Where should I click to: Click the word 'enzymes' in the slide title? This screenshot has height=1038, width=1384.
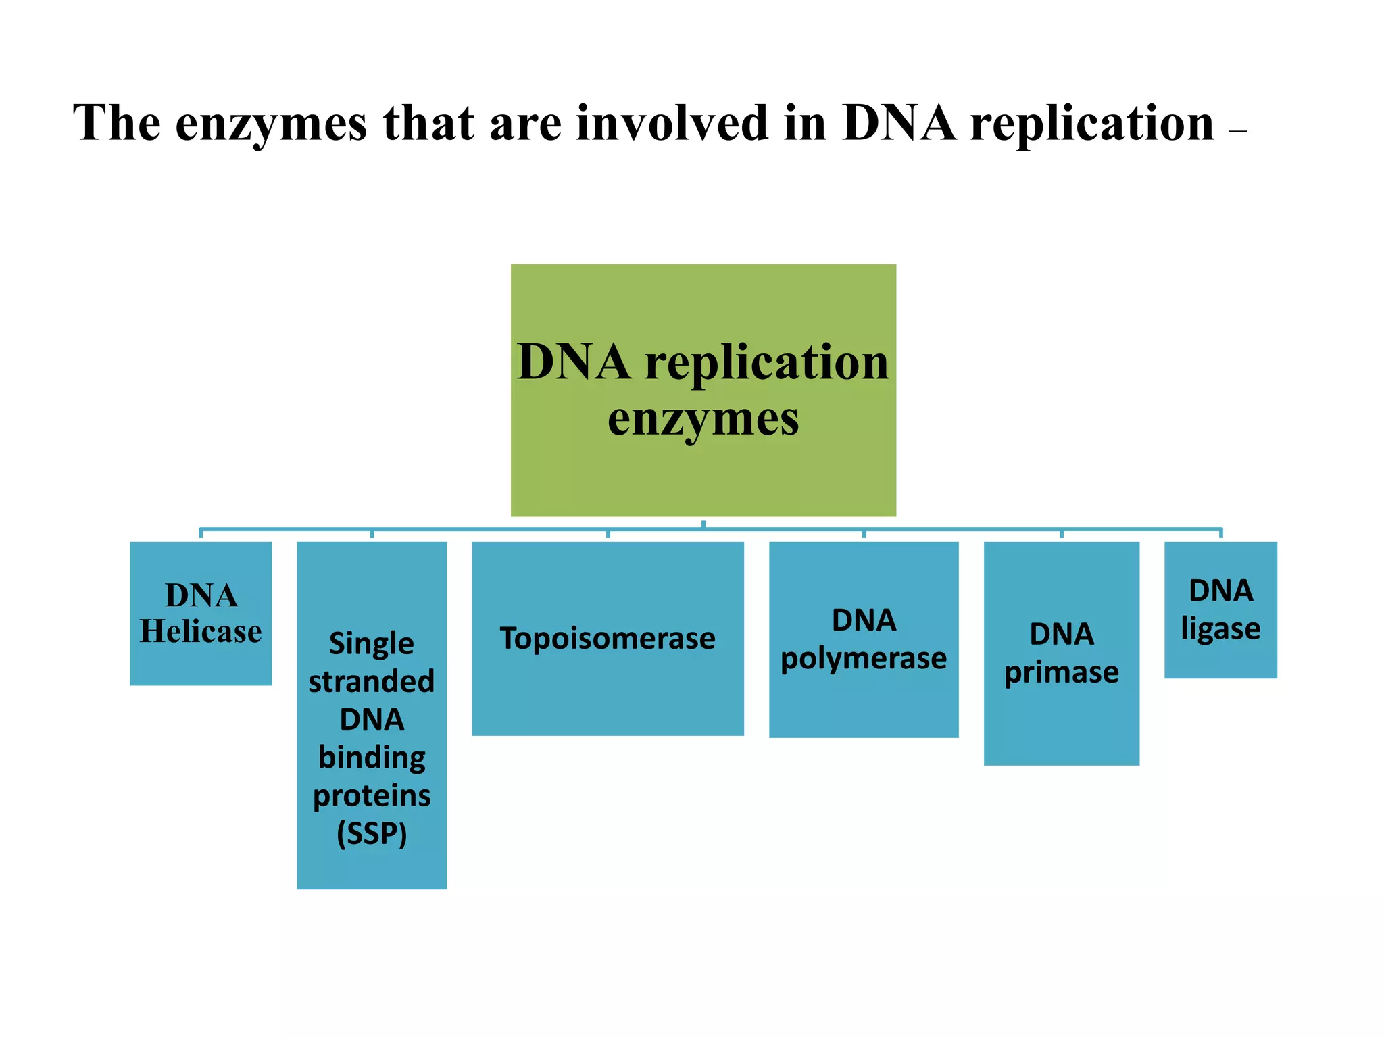(270, 124)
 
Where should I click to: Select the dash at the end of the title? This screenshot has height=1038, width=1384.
(1238, 132)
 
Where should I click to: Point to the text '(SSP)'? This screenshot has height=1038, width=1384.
(372, 833)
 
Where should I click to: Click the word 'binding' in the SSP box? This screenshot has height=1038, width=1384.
(372, 758)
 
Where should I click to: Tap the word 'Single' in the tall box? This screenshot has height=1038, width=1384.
(372, 643)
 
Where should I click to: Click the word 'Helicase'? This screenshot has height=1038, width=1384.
(201, 631)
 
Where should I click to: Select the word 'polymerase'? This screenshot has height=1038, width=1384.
(864, 658)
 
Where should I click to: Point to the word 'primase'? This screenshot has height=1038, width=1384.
(1062, 672)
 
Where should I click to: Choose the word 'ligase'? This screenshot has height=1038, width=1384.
(1220, 629)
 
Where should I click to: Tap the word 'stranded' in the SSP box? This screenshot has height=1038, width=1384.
(372, 681)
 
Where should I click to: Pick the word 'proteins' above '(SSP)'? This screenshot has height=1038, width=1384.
(372, 795)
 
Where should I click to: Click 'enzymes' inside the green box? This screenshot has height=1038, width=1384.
(703, 419)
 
